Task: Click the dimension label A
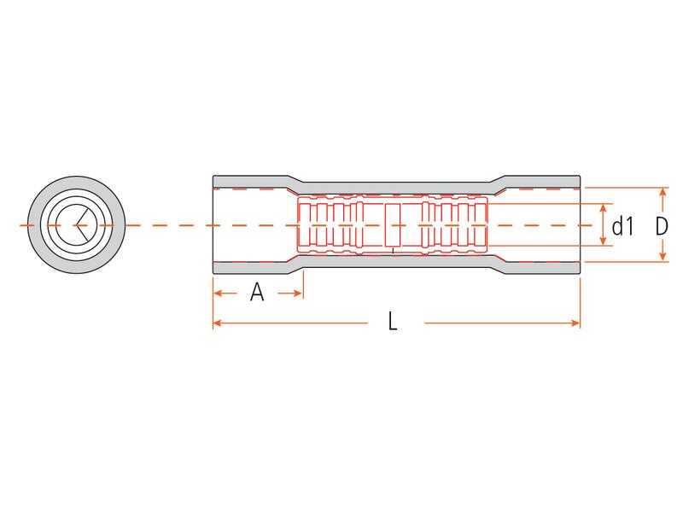tap(257, 292)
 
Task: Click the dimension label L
tap(393, 322)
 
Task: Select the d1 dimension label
tap(622, 226)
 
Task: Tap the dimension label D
tap(662, 226)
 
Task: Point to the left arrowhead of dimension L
tap(218, 323)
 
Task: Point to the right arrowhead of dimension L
tap(575, 323)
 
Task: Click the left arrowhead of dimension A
tap(218, 293)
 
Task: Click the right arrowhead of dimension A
tap(298, 293)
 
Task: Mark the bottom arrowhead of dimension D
tap(663, 257)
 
